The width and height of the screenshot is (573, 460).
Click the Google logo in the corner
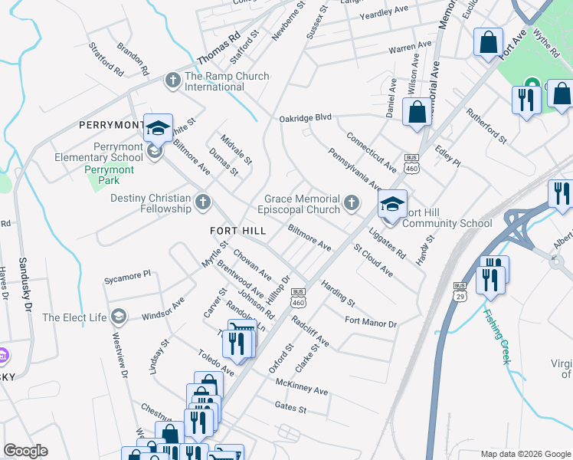(x=25, y=451)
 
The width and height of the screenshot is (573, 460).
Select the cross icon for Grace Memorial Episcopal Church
(x=352, y=202)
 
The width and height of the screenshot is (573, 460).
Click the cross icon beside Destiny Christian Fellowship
(x=202, y=202)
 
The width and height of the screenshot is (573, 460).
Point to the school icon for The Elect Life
(x=119, y=316)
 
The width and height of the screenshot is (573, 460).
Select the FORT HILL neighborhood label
(x=238, y=230)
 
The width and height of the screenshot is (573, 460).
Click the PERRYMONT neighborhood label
(x=111, y=124)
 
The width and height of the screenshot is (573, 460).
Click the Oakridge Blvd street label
(x=304, y=117)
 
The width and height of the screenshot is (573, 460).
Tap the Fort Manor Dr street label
(x=371, y=323)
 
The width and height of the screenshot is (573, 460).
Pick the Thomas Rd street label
(x=219, y=48)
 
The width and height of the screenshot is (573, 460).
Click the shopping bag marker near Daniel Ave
(x=417, y=112)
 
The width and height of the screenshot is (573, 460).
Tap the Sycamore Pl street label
(x=128, y=273)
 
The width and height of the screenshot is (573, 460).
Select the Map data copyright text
(x=525, y=454)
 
